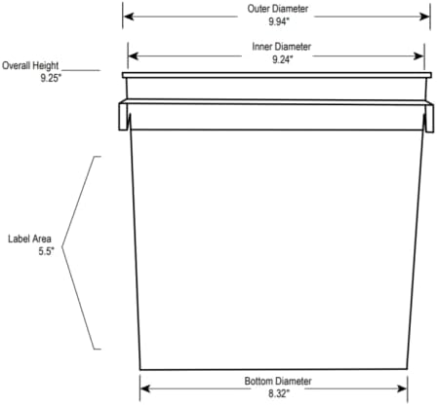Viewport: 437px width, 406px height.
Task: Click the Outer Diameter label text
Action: pos(278,9)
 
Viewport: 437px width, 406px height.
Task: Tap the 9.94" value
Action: pos(279,21)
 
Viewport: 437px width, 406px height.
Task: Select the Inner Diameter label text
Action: pos(281,47)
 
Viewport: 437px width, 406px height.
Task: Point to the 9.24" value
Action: pos(283,59)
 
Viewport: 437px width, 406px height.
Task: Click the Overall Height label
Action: pos(30,66)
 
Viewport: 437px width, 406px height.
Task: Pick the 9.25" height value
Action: pos(51,78)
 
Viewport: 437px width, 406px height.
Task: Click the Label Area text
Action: pos(29,239)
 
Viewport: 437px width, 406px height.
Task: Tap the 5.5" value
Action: pos(46,251)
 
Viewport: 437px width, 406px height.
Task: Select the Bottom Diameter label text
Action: pos(278,381)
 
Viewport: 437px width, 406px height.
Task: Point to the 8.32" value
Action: pos(279,393)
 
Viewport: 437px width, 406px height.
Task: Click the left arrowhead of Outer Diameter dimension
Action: pos(129,17)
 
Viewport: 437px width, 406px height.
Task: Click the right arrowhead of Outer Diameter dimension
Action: pos(425,17)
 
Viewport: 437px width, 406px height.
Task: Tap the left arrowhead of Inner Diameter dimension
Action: pos(134,55)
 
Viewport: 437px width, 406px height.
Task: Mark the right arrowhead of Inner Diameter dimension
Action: pos(418,55)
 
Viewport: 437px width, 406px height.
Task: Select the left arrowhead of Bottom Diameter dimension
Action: pos(145,388)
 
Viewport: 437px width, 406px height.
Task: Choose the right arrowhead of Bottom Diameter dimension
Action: pos(402,388)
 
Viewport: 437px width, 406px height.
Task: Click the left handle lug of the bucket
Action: pos(123,117)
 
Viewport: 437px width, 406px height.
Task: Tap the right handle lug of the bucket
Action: pos(429,118)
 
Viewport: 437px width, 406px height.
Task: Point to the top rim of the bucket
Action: pos(277,75)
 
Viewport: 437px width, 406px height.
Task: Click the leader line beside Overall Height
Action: pos(81,70)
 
